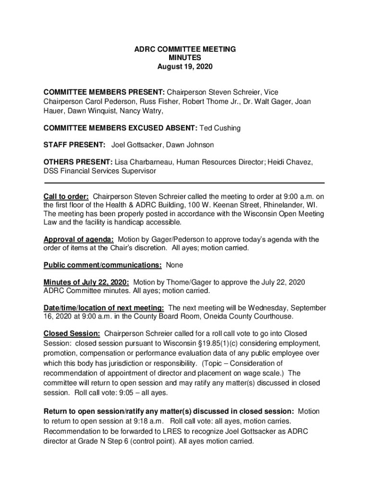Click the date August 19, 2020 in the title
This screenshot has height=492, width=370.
(185, 66)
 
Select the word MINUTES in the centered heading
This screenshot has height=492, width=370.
(185, 58)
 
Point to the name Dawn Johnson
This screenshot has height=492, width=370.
(190, 145)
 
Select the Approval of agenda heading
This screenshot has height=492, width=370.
(78, 239)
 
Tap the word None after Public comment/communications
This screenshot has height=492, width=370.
(174, 265)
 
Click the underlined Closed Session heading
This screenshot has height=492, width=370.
(72, 333)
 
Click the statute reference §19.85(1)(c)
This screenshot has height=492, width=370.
(242, 344)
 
